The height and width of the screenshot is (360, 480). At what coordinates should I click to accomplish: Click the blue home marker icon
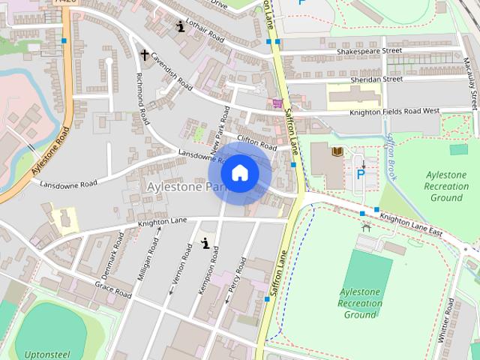(x=239, y=172)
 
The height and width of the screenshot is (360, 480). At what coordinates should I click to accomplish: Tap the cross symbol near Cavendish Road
(x=145, y=55)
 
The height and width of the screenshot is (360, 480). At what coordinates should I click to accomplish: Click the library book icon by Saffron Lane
(x=337, y=152)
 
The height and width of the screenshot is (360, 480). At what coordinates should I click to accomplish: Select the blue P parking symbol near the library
(x=361, y=174)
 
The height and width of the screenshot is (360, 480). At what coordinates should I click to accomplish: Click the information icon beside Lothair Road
(x=180, y=27)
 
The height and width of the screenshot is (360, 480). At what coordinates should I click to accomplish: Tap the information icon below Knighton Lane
(x=205, y=242)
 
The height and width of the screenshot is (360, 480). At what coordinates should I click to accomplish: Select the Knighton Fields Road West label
(x=394, y=112)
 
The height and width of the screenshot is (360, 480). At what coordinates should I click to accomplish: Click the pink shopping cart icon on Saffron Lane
(x=277, y=103)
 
